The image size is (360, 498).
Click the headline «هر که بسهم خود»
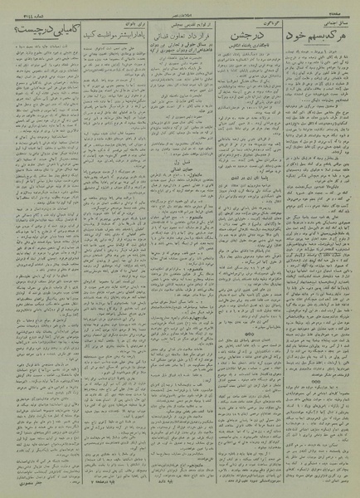tap(315, 39)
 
